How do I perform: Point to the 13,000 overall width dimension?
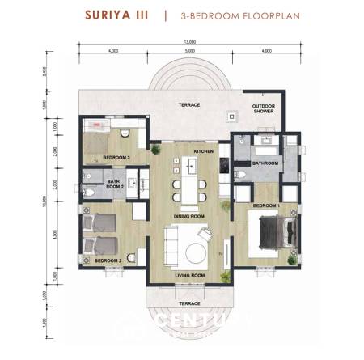point(190,42)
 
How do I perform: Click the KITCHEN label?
point(202,151)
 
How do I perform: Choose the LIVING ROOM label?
point(190,276)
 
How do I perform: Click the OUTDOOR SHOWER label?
point(264,109)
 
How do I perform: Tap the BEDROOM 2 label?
point(108,261)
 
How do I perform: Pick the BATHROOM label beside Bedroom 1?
point(265,163)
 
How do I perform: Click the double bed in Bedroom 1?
point(274,234)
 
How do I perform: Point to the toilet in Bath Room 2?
point(91,194)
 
